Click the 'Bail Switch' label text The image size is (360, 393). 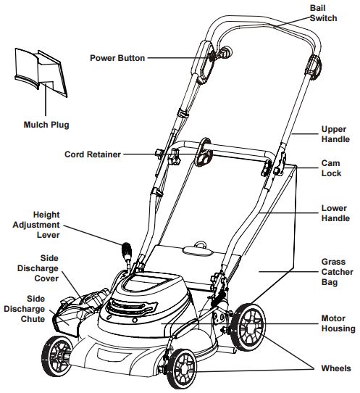323,12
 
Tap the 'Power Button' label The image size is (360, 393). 117,57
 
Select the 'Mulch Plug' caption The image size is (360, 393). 46,125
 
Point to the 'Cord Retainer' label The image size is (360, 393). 93,154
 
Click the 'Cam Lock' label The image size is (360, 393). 332,168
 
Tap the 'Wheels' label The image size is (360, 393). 335,368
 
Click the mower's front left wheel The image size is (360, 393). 60,357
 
